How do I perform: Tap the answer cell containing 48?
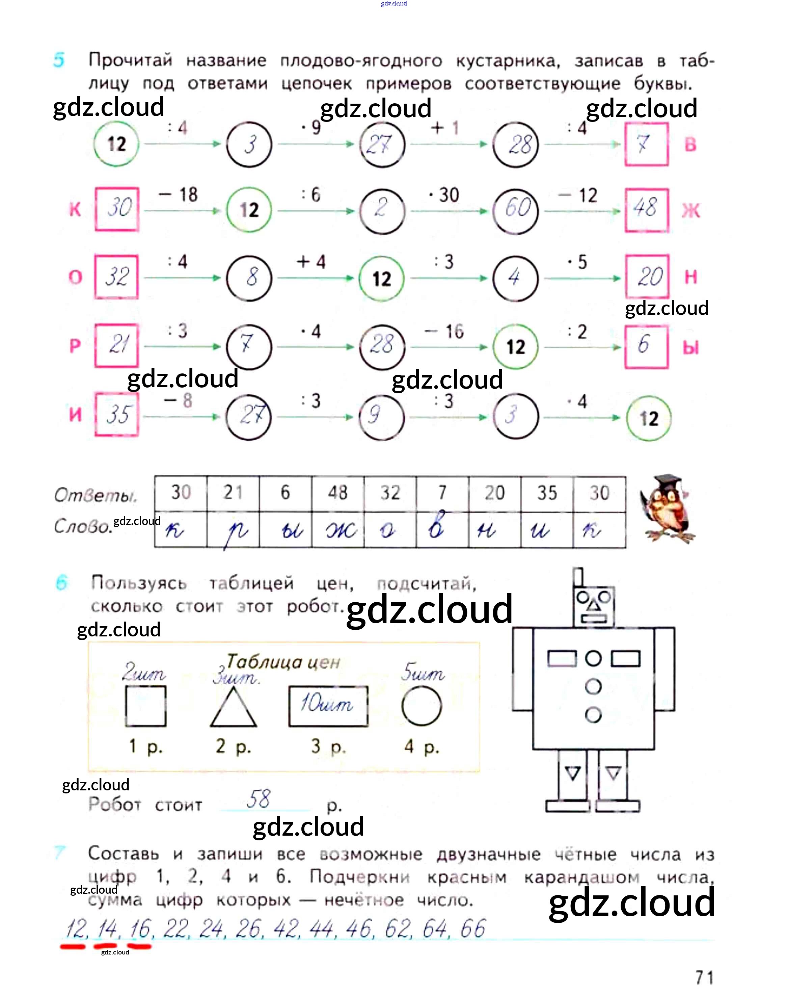point(338,493)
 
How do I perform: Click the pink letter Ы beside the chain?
point(691,347)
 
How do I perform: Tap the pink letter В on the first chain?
point(690,145)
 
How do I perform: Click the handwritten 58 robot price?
point(259,799)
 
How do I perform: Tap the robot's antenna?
point(578,577)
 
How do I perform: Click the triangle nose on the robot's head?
point(593,604)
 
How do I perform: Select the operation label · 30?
point(444,195)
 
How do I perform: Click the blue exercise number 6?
point(61,583)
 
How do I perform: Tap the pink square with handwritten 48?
point(646,210)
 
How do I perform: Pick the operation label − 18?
point(178,194)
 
